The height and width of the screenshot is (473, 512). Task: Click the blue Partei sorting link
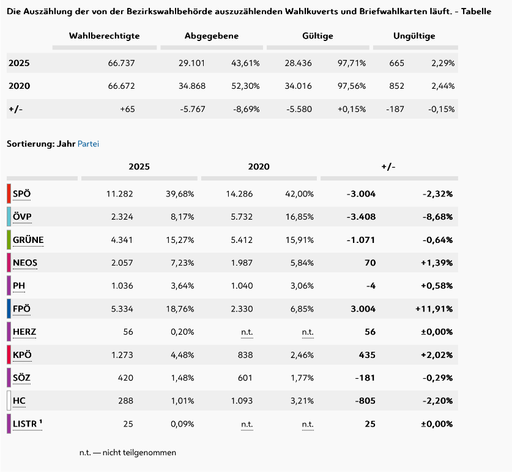tap(88, 144)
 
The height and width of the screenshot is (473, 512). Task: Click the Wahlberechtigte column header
tap(104, 36)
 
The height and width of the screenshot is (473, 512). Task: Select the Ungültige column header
tap(414, 36)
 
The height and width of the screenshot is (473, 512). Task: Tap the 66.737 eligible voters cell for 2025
tap(121, 63)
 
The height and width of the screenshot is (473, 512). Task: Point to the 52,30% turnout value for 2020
tap(245, 86)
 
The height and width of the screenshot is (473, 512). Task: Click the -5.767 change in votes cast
tap(192, 109)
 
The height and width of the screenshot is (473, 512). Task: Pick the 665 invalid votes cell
tap(396, 63)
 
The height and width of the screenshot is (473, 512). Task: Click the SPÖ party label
tap(21, 194)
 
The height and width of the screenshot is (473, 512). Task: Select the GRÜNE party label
tap(28, 240)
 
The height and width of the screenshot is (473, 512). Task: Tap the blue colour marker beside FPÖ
tap(9, 308)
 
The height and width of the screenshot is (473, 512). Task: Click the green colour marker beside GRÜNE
tap(9, 240)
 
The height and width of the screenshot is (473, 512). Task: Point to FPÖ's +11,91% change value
tap(434, 308)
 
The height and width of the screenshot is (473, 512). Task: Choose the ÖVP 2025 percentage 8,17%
tap(182, 217)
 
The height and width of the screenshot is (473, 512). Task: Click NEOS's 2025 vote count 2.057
tap(122, 263)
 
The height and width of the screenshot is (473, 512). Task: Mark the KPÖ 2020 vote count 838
tap(245, 355)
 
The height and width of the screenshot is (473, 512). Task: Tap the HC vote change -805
tap(365, 401)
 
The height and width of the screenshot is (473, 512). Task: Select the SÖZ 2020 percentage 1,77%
tap(302, 378)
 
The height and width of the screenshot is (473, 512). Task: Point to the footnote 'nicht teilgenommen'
tap(139, 453)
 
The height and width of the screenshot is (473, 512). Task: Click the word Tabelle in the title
tap(476, 12)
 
